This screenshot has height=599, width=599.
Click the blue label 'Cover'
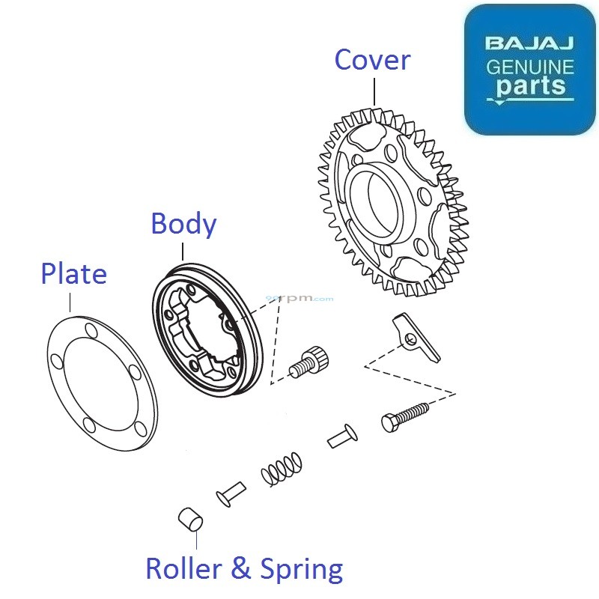tap(372, 60)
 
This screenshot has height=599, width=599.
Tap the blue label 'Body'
tap(183, 224)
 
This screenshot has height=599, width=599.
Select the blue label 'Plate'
tap(73, 274)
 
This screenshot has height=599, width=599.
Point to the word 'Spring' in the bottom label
tap(302, 571)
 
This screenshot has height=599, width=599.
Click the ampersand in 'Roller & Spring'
tap(242, 569)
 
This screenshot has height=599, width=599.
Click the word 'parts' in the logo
tap(530, 86)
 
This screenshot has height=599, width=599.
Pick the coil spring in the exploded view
tap(282, 469)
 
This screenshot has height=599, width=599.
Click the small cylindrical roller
tap(190, 518)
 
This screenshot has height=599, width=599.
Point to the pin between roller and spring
tap(231, 493)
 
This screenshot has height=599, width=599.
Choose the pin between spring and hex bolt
tap(342, 436)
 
